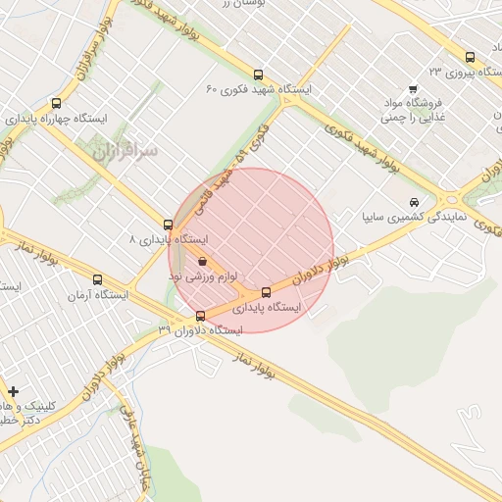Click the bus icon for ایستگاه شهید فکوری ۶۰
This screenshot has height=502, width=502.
tap(258, 74)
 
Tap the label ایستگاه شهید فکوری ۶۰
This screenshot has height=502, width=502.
tap(258, 89)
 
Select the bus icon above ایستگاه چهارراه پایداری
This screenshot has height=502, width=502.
tap(55, 102)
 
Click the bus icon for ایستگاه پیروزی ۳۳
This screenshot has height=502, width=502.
tap(470, 57)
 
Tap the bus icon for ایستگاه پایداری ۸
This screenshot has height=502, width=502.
tap(169, 225)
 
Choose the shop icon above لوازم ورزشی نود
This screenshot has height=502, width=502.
tap(202, 262)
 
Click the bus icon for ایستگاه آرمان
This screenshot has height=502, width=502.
tap(96, 280)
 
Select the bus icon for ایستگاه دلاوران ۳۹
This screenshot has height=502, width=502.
tap(201, 316)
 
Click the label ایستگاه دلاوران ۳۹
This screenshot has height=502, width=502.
tap(200, 331)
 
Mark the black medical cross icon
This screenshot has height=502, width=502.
tap(14, 391)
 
